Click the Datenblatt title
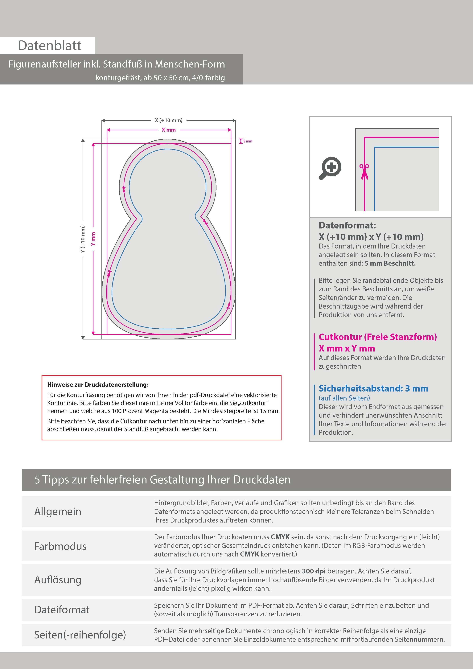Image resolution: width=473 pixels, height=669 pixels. (x=50, y=46)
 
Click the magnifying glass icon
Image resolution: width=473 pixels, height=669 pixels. (x=330, y=168)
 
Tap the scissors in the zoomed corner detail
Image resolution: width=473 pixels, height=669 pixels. (x=364, y=172)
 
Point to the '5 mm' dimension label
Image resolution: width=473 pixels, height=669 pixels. (x=248, y=141)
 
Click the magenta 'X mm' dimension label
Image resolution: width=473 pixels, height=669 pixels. (x=169, y=130)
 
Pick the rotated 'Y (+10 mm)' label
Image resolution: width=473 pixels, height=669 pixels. (x=83, y=239)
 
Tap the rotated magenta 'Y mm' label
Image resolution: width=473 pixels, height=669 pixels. (x=93, y=239)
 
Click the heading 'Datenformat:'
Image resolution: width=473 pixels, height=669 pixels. (x=347, y=225)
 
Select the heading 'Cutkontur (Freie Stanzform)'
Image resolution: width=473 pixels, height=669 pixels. (x=378, y=337)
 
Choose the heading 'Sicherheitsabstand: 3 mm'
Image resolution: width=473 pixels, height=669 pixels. (x=373, y=388)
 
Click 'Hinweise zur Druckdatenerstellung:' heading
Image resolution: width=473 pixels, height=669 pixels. (x=98, y=385)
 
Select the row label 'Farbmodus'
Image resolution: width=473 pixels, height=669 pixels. (x=60, y=546)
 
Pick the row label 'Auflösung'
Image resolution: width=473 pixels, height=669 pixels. (x=58, y=580)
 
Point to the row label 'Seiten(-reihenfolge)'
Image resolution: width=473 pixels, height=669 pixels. (x=80, y=635)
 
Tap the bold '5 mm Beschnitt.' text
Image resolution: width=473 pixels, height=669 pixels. (x=390, y=263)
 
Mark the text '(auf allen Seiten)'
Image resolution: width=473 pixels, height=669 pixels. (x=344, y=398)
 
